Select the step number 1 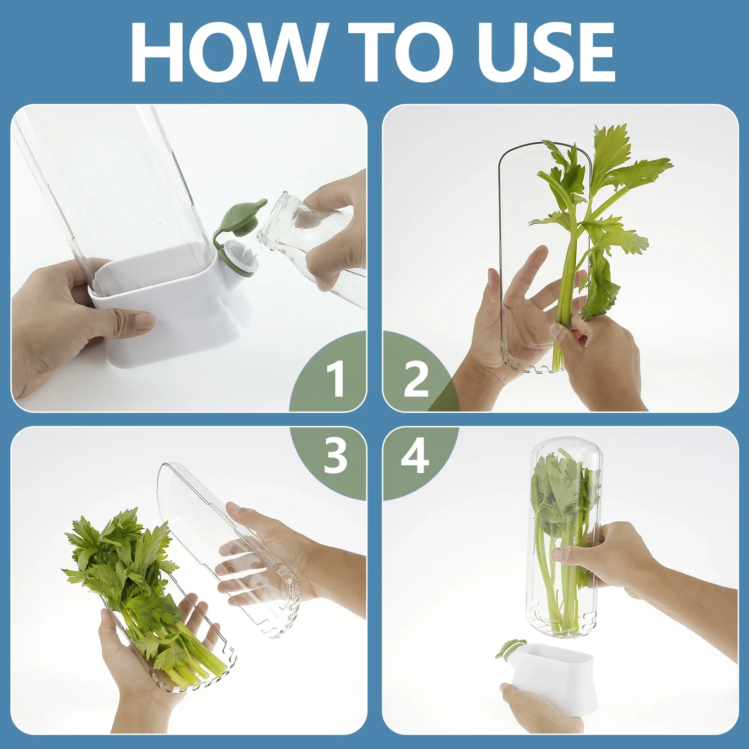[335, 380]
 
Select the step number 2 [415, 380]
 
